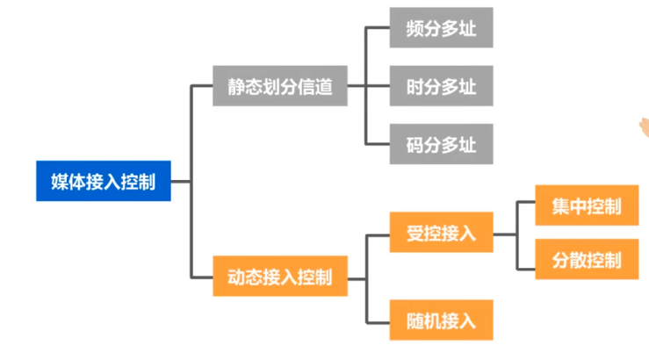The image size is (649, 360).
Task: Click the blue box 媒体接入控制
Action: click(103, 182)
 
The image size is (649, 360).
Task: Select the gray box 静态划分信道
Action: click(279, 86)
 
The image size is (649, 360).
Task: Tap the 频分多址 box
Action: click(441, 28)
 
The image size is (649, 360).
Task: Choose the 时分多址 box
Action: click(441, 86)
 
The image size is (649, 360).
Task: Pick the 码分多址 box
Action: click(441, 144)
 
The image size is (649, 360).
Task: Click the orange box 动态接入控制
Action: click(279, 277)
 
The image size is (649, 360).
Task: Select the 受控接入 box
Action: click(441, 234)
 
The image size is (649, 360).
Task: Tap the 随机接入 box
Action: click(441, 320)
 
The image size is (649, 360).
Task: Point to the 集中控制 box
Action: click(587, 207)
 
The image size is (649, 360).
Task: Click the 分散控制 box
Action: click(587, 260)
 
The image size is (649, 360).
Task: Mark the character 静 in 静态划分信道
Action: click(235, 86)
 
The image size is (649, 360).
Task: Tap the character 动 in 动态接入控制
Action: click(236, 277)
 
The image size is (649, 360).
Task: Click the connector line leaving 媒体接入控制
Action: click(178, 182)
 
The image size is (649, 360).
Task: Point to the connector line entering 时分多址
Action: click(378, 86)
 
